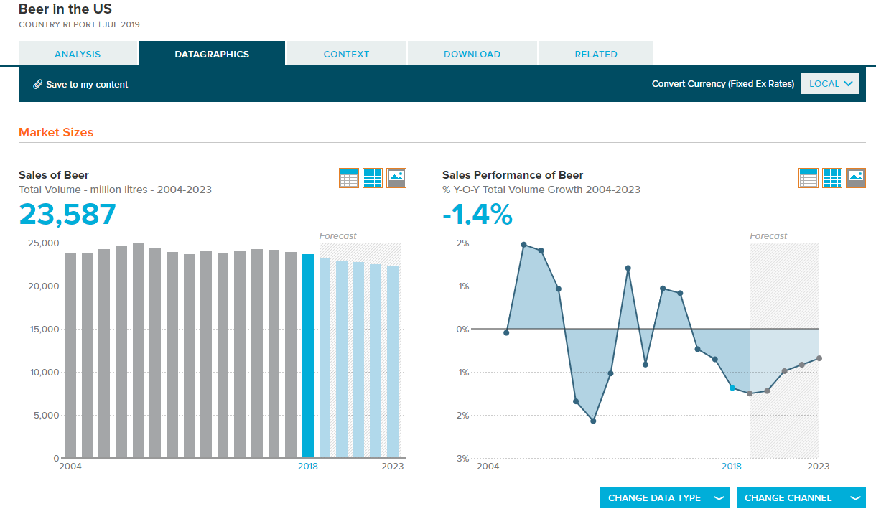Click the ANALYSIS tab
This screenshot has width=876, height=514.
point(78,54)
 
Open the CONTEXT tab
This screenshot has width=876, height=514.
point(346,54)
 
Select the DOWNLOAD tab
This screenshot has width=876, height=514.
point(472,54)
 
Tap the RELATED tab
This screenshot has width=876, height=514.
point(596,54)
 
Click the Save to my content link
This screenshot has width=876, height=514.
point(80,85)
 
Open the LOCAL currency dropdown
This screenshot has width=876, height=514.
point(830,83)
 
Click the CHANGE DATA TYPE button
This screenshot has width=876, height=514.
point(664,497)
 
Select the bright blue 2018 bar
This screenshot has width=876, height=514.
point(308,355)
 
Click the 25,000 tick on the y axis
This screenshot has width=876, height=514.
point(43,243)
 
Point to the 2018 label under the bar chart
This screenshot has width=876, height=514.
point(308,467)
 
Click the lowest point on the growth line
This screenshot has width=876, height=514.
point(593,421)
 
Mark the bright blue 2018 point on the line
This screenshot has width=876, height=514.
point(732,388)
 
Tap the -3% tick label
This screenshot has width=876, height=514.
point(461,458)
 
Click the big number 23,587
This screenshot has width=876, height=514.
point(67,214)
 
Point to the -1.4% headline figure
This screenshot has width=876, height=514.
point(477,214)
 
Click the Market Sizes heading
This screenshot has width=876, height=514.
point(56,132)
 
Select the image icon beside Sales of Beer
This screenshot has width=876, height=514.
point(396,178)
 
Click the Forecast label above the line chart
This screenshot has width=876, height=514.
point(768,235)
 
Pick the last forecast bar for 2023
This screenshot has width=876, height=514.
point(393,362)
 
